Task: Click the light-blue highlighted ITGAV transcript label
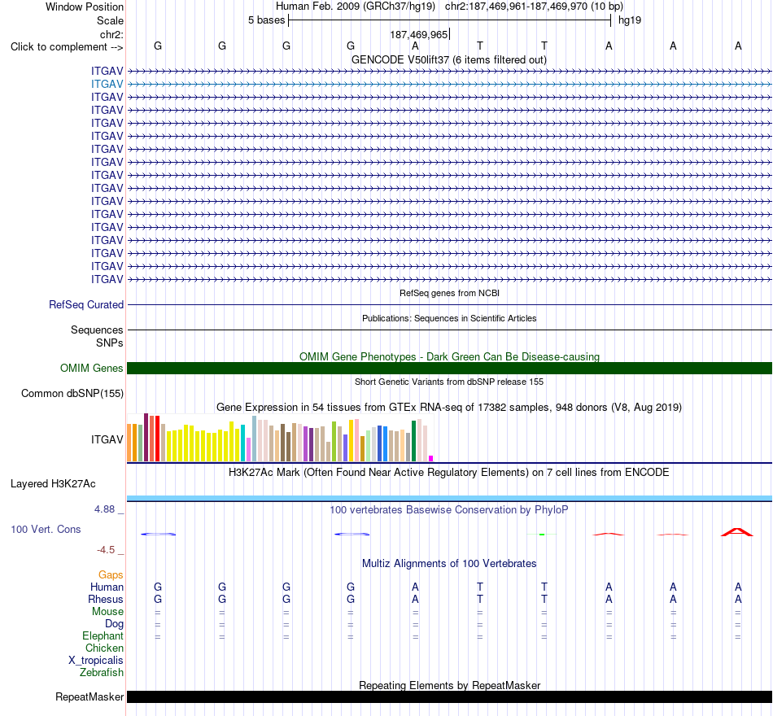pyautogui.click(x=107, y=85)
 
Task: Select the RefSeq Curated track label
pyautogui.click(x=86, y=305)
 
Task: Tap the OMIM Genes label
pyautogui.click(x=92, y=368)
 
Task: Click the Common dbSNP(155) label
pyautogui.click(x=72, y=394)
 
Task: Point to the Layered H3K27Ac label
pyautogui.click(x=53, y=484)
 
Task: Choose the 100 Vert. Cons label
pyautogui.click(x=46, y=529)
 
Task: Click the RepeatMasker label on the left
pyautogui.click(x=90, y=696)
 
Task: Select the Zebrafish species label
pyautogui.click(x=102, y=673)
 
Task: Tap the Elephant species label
pyautogui.click(x=103, y=636)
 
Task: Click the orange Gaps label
pyautogui.click(x=111, y=575)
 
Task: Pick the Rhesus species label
pyautogui.click(x=106, y=599)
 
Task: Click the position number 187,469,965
pyautogui.click(x=418, y=34)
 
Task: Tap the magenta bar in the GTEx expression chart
pyautogui.click(x=431, y=459)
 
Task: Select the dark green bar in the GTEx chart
pyautogui.click(x=413, y=441)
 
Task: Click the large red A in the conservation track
pyautogui.click(x=737, y=532)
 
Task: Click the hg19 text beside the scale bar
pyautogui.click(x=630, y=20)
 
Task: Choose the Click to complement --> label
pyautogui.click(x=67, y=47)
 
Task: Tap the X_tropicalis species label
pyautogui.click(x=96, y=661)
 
